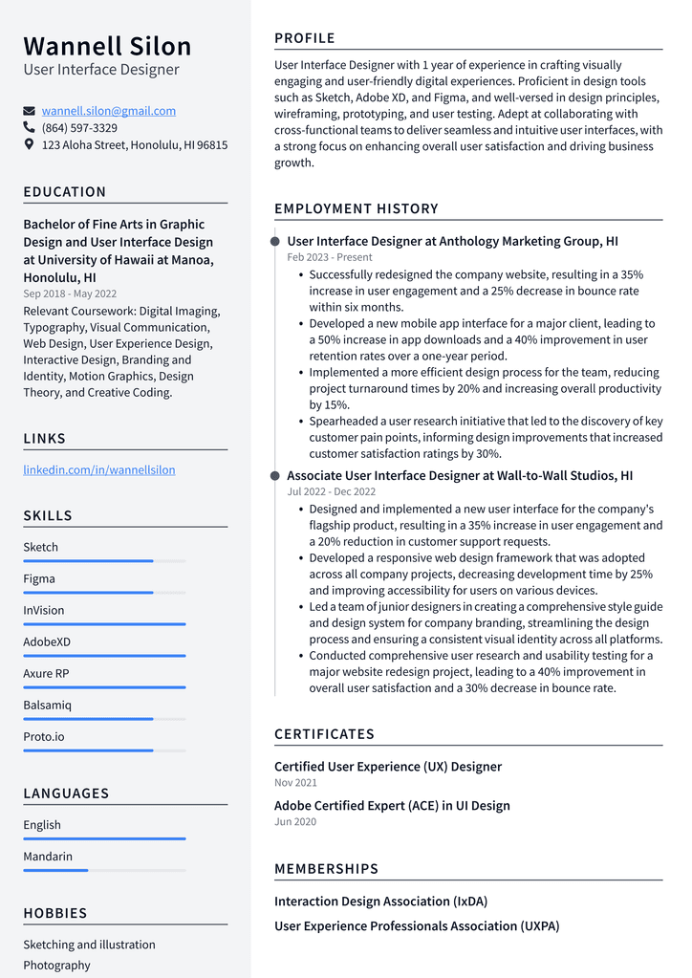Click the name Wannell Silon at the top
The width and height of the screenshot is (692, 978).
tap(107, 46)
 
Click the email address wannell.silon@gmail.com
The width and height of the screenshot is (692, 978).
tap(108, 111)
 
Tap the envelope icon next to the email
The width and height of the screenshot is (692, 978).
tap(30, 111)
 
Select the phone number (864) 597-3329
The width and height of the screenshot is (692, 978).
tap(79, 128)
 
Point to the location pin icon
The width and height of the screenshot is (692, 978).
tap(30, 145)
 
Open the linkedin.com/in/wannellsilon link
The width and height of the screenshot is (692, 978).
tap(99, 470)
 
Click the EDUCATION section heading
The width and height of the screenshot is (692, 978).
tap(65, 192)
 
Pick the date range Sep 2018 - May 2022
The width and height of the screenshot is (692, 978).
tap(70, 294)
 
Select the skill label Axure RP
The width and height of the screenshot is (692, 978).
tap(46, 674)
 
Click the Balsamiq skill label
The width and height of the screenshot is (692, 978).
tap(48, 706)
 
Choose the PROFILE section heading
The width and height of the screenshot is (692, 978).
tap(305, 38)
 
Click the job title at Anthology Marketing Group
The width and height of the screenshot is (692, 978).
tap(452, 242)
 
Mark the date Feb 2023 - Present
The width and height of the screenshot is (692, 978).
tap(330, 258)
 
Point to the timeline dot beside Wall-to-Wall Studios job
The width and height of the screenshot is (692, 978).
tap(275, 476)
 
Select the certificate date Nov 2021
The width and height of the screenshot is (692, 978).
tap(295, 783)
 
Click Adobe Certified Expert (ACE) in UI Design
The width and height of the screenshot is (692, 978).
tap(392, 806)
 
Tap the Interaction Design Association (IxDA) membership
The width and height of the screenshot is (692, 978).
tap(380, 902)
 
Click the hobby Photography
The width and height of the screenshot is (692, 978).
tap(57, 966)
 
